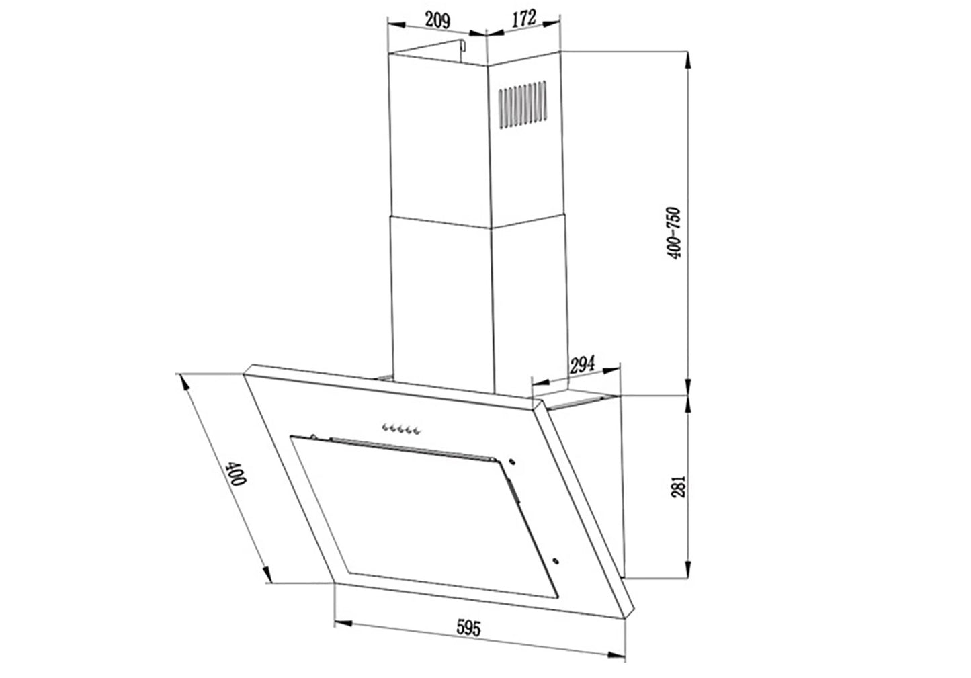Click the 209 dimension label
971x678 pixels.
coord(437,20)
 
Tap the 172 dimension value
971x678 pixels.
coord(524,18)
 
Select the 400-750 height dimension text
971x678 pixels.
coord(674,233)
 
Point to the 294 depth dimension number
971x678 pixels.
coord(582,365)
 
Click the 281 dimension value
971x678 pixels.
coord(679,486)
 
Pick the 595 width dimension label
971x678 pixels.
coord(468,628)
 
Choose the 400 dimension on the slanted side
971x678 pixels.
coord(237,474)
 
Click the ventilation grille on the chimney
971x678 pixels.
coord(522,104)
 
